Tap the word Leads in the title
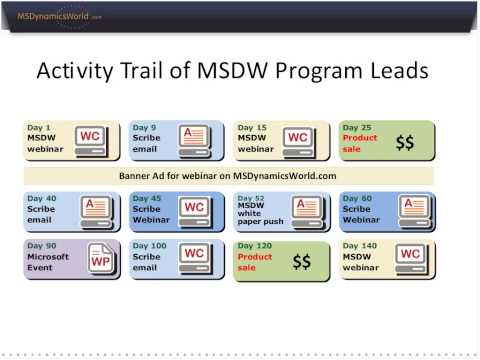pyautogui.click(x=397, y=71)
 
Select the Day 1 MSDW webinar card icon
pyautogui.click(x=90, y=138)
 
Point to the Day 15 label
pyautogui.click(x=250, y=128)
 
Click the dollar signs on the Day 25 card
pyautogui.click(x=404, y=143)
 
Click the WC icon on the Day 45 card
pyautogui.click(x=194, y=209)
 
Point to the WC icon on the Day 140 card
pyautogui.click(x=409, y=257)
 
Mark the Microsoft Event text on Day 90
pyautogui.click(x=47, y=262)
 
